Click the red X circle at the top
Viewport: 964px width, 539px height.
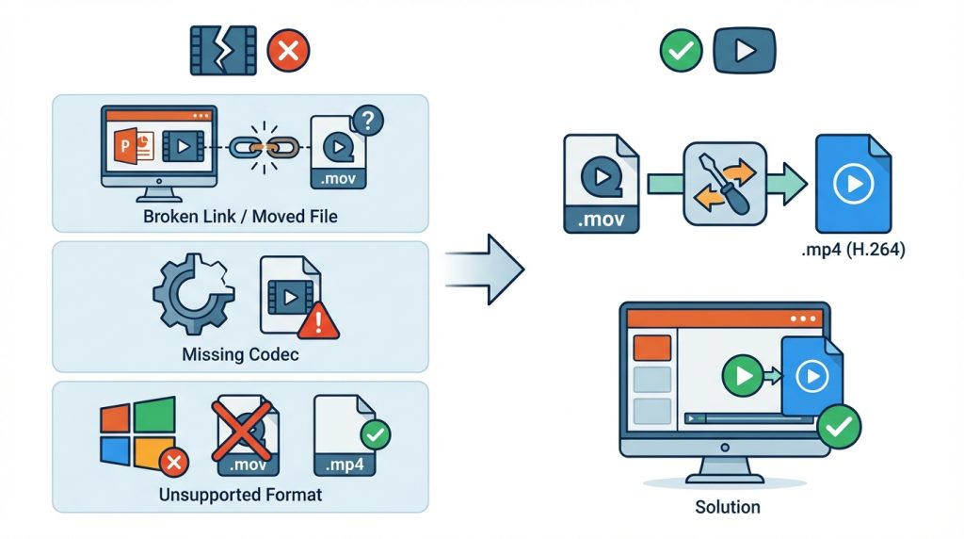click(288, 51)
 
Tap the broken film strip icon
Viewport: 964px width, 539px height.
click(222, 51)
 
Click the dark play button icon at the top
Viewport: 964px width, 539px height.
click(745, 51)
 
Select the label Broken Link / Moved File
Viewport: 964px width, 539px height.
click(240, 217)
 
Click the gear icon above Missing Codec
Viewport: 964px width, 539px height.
click(188, 292)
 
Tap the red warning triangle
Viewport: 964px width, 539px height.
click(318, 323)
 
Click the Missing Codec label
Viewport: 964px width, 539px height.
click(240, 355)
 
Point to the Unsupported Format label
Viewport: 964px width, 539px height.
click(240, 494)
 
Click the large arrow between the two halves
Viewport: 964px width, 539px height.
click(482, 269)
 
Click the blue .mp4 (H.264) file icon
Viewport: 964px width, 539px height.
click(853, 184)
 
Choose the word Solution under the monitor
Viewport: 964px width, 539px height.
click(727, 506)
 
